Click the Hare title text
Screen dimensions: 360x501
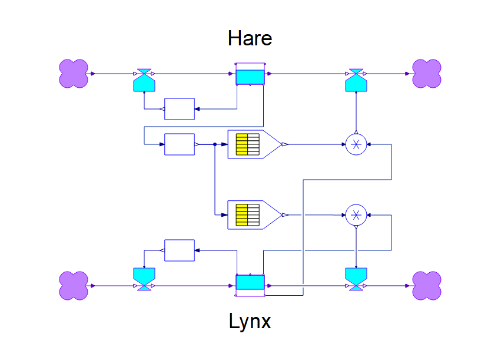250,39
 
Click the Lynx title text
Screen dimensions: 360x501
250,322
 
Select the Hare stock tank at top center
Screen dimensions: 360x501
251,76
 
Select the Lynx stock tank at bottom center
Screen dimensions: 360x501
250,283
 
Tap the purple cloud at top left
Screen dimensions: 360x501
74,74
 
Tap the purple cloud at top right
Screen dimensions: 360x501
427,74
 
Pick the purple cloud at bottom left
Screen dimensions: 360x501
74,286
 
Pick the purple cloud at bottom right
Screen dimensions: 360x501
427,286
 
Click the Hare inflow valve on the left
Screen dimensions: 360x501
144,80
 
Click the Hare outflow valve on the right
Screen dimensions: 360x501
356,80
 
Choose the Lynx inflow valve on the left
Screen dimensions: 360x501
144,279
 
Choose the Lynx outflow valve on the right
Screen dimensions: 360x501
356,279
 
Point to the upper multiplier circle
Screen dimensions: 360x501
356,144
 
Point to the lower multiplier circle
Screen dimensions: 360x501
356,215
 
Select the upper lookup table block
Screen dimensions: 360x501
253,144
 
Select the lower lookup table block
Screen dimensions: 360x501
253,215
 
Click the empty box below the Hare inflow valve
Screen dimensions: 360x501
180,109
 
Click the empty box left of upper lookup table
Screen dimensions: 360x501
180,144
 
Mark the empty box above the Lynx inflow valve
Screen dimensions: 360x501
180,250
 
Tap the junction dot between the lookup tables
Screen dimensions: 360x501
215,144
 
